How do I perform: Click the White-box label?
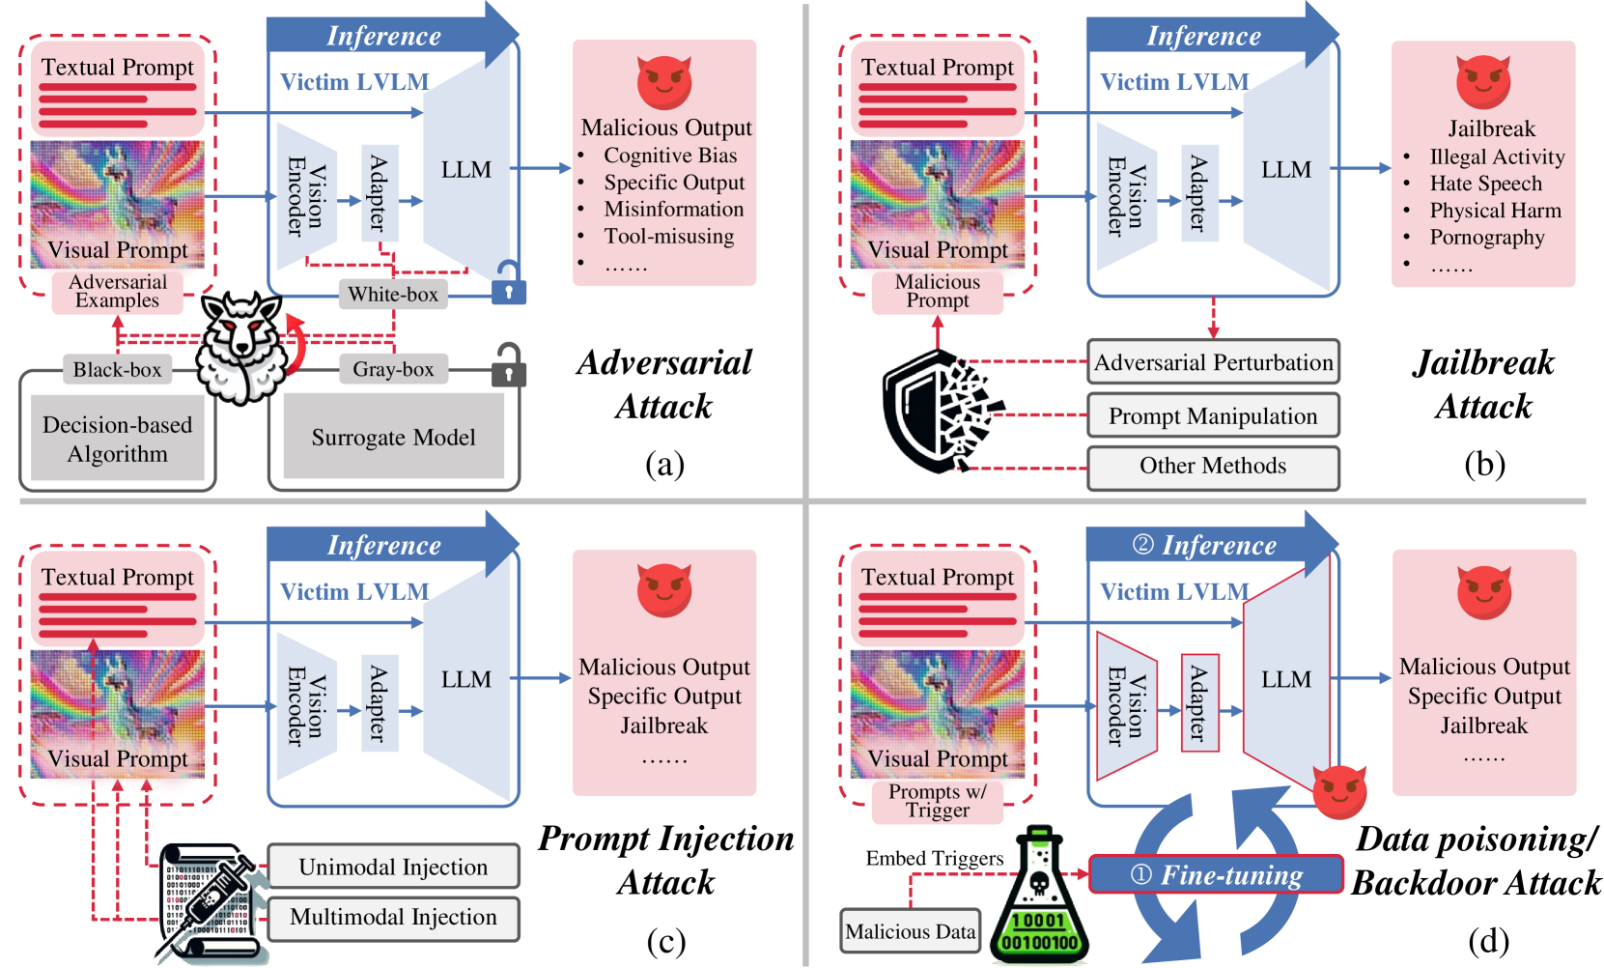point(393,295)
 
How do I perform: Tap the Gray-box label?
point(393,369)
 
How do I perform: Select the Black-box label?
point(118,370)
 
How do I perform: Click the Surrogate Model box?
point(393,437)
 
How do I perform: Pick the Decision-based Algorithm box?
point(118,440)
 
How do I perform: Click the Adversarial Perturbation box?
point(1213,362)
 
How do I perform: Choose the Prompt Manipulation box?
point(1213,416)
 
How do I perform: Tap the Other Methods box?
point(1213,467)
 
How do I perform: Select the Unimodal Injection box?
point(393,868)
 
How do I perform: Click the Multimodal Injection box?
point(393,918)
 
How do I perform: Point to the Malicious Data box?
point(910,931)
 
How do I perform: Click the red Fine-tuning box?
point(1216,874)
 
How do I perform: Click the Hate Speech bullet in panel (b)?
point(1485,184)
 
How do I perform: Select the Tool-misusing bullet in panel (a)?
point(668,237)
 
